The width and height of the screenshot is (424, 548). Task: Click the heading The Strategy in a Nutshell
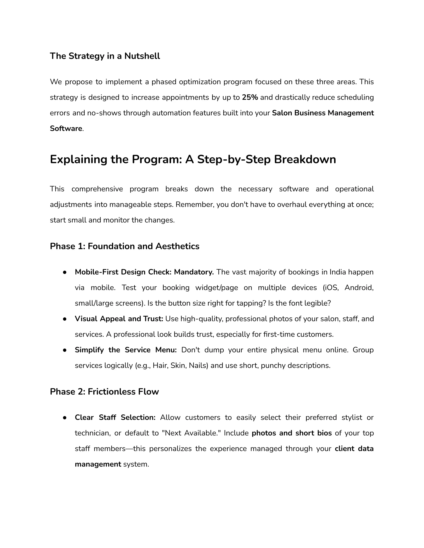105,56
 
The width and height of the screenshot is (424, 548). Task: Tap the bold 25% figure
250,97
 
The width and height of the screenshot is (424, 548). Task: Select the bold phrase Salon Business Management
323,113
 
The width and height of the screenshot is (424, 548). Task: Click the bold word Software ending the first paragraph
66,128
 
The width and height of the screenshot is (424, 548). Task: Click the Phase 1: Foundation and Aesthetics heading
125,246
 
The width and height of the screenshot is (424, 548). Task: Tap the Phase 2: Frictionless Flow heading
104,392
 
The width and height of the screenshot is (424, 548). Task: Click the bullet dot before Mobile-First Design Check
65,272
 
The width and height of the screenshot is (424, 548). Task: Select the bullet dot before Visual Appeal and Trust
65,319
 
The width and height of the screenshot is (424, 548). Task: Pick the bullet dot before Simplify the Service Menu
65,350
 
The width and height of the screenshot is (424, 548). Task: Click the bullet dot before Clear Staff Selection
65,418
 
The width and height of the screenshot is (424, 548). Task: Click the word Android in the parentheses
358,288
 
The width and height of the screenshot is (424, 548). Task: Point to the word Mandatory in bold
193,272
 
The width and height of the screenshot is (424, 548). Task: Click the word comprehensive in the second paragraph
97,189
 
